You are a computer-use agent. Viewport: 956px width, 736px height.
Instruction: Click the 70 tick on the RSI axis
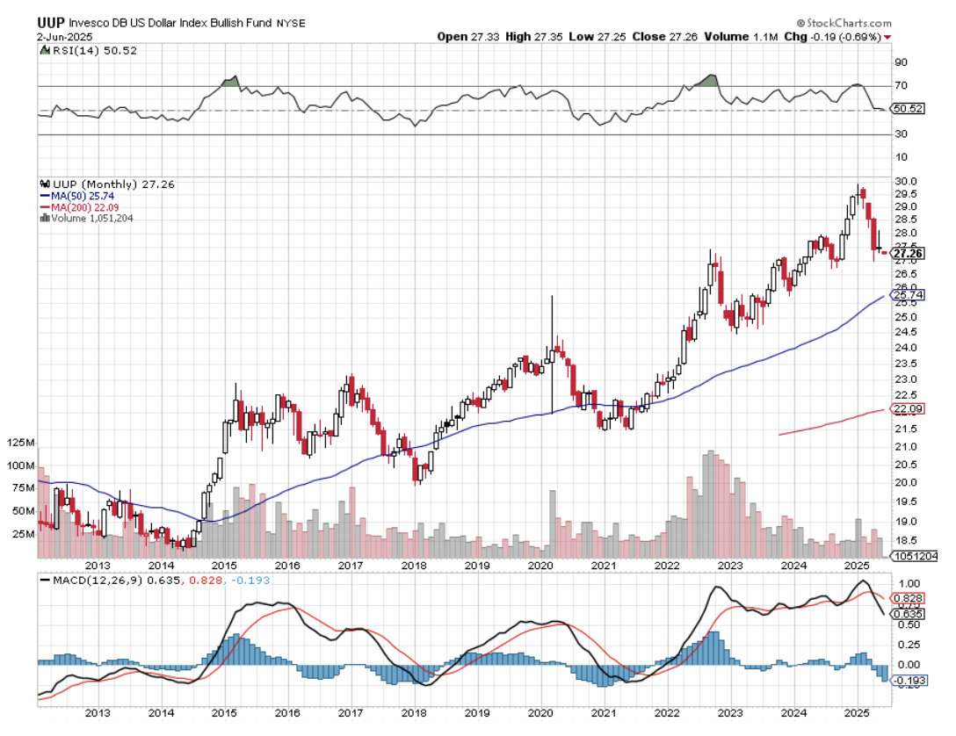(900, 85)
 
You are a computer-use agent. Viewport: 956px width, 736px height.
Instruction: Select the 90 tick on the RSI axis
(900, 62)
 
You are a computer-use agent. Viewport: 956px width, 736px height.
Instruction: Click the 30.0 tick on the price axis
(906, 181)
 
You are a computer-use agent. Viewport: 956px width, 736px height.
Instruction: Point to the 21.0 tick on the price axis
(906, 447)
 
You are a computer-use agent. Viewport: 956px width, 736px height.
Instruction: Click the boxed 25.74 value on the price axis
(908, 295)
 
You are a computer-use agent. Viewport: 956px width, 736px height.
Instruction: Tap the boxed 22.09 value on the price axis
(908, 409)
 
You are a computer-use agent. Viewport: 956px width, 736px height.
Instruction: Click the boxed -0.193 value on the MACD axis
(909, 680)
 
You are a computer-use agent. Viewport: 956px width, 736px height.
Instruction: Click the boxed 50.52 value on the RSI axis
(908, 109)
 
